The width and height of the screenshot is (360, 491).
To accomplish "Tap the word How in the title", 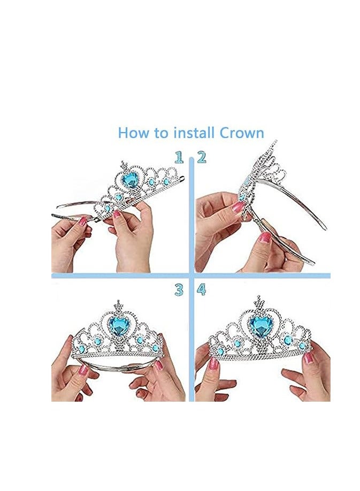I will click(134, 133).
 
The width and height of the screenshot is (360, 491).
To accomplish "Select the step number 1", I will click(179, 157).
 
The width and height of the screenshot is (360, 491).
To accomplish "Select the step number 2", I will click(201, 157).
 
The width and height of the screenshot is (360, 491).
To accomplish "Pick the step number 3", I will click(179, 290).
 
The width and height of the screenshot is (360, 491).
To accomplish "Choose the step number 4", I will click(201, 290).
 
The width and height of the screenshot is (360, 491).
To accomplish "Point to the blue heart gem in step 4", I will click(261, 325).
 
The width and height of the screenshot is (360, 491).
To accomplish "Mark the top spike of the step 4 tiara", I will click(261, 301).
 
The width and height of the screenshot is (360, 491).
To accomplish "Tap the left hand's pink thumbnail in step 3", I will click(83, 370).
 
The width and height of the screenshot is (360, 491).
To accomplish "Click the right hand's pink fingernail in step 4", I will click(309, 357).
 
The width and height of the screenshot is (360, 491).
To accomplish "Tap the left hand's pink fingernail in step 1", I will click(83, 220).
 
